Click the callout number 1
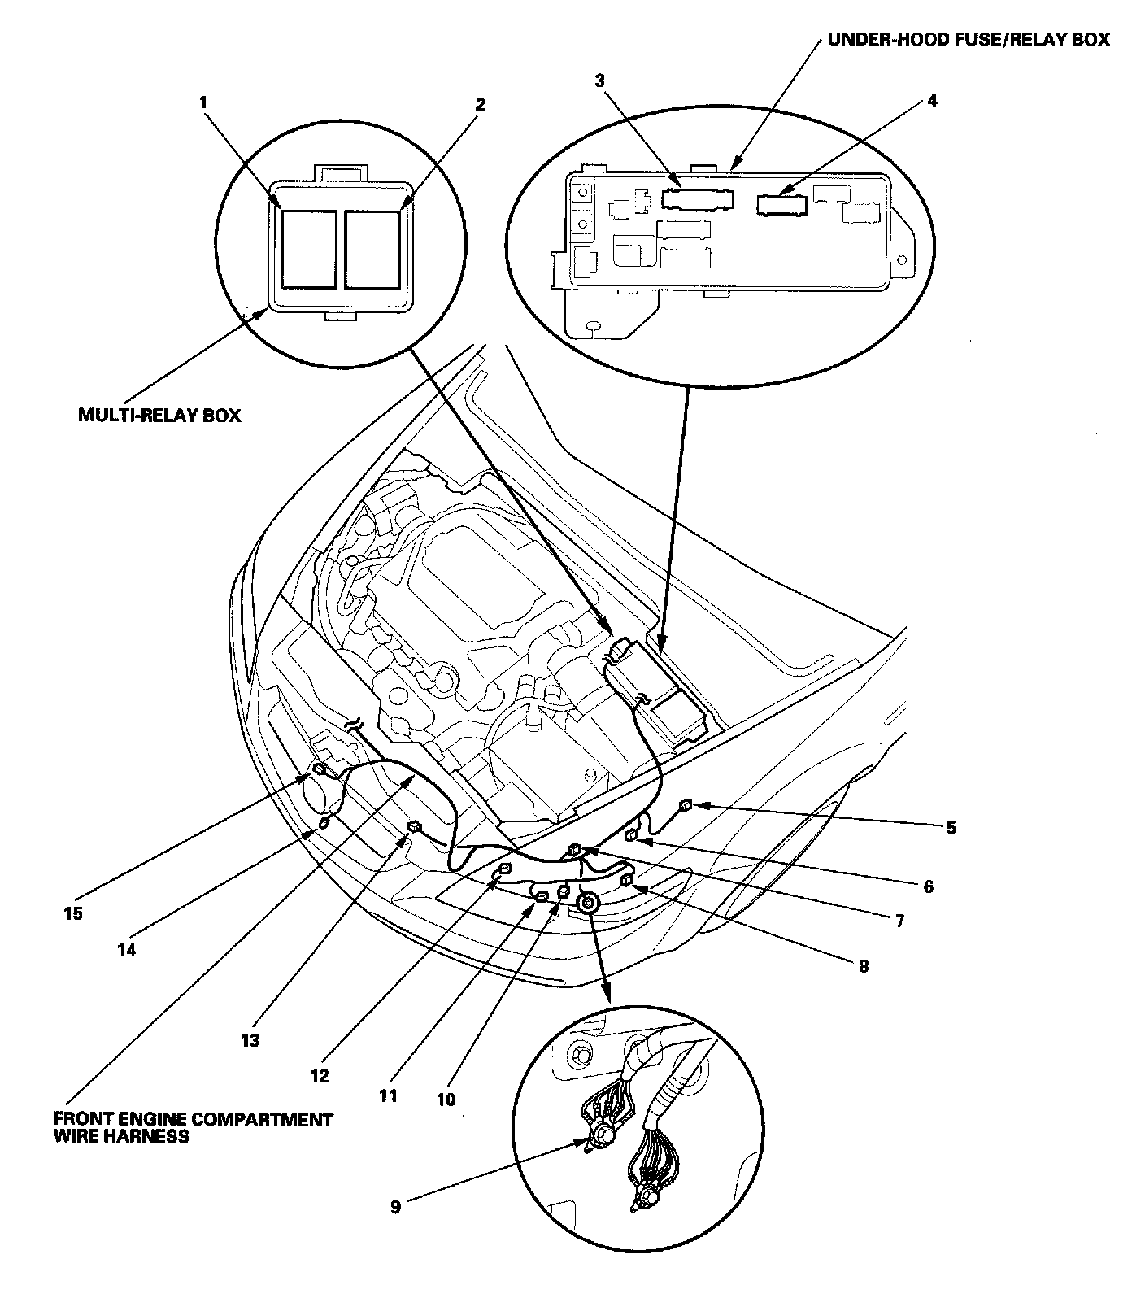(x=203, y=102)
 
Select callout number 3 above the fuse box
(x=599, y=81)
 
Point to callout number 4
(x=932, y=101)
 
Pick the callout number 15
(x=73, y=913)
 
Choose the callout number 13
(x=250, y=1039)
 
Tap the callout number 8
(x=864, y=966)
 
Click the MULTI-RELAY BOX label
(x=159, y=415)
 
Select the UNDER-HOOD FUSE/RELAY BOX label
(x=968, y=39)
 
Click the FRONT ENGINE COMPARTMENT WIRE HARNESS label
(x=193, y=1127)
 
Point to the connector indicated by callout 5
(x=686, y=805)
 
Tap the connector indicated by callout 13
(x=415, y=828)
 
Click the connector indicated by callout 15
(x=320, y=769)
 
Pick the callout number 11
(x=388, y=1095)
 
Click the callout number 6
(x=928, y=886)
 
